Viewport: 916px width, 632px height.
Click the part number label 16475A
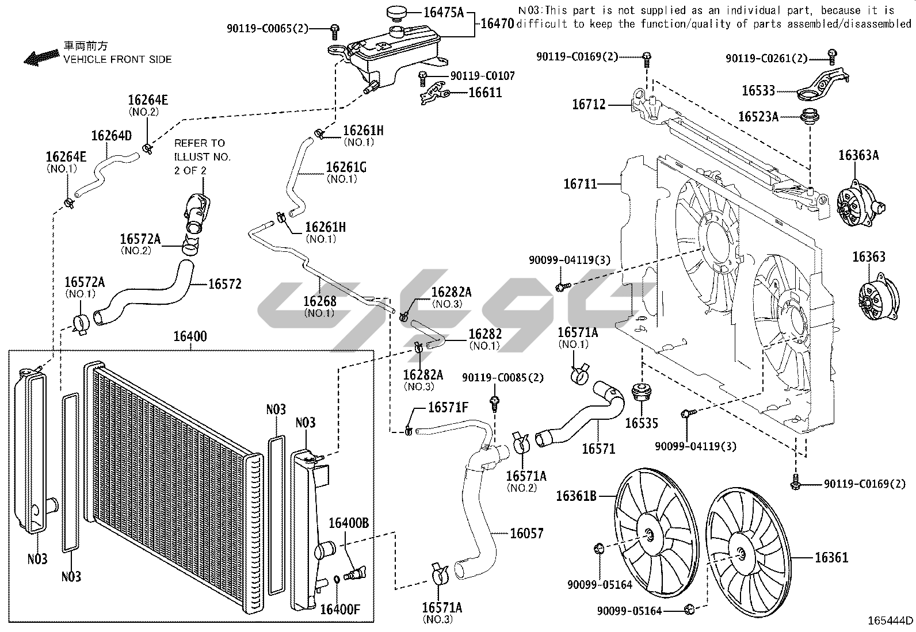click(x=444, y=12)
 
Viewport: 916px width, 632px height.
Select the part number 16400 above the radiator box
click(x=190, y=336)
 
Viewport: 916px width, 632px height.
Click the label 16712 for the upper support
click(x=589, y=105)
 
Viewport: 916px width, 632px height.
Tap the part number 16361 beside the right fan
click(x=831, y=557)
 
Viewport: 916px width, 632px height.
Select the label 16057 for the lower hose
click(x=526, y=533)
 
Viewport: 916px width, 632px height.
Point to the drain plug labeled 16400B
click(x=353, y=573)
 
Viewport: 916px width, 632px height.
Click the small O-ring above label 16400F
click(x=336, y=579)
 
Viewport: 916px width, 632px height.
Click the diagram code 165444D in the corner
click(x=891, y=620)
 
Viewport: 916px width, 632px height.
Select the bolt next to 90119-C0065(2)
click(x=334, y=29)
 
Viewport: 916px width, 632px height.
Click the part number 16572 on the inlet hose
click(x=224, y=284)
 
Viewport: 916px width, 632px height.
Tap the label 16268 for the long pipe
click(x=319, y=301)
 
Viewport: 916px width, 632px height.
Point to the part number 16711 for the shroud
click(x=580, y=184)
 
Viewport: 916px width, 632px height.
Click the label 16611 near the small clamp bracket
click(x=485, y=92)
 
